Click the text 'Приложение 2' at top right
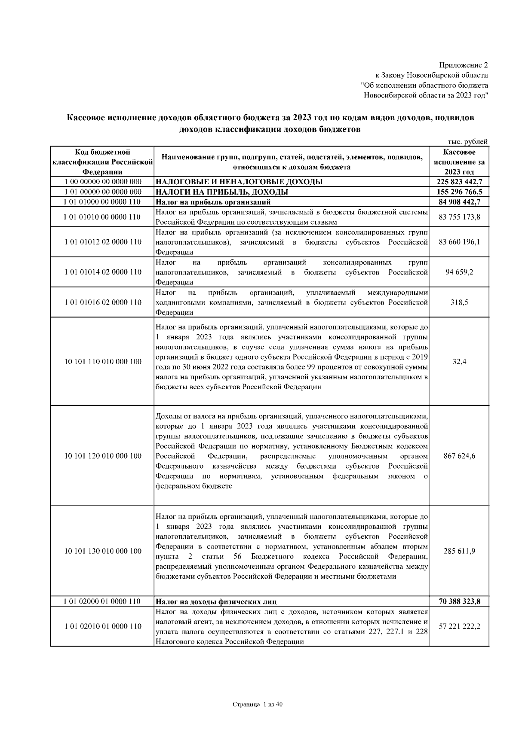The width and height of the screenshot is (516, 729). pyautogui.click(x=463, y=66)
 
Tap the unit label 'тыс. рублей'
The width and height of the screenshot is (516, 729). pyautogui.click(x=468, y=142)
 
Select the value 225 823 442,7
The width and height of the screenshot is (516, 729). pyautogui.click(x=459, y=182)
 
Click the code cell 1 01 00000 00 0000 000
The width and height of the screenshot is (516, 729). pyautogui.click(x=103, y=192)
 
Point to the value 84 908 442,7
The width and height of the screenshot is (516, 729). pyautogui.click(x=459, y=202)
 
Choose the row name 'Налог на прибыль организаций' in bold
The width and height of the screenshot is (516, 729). pyautogui.click(x=213, y=202)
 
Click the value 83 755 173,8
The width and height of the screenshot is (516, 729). pyautogui.click(x=459, y=217)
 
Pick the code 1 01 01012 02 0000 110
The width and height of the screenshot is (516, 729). pyautogui.click(x=103, y=242)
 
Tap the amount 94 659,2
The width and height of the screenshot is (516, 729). pyautogui.click(x=459, y=272)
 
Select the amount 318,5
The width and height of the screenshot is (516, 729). pyautogui.click(x=459, y=302)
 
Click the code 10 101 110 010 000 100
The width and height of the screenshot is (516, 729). pyautogui.click(x=103, y=362)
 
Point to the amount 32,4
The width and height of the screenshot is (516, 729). pyautogui.click(x=459, y=362)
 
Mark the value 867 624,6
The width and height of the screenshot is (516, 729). pyautogui.click(x=459, y=456)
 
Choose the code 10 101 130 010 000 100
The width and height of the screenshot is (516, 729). pyautogui.click(x=103, y=551)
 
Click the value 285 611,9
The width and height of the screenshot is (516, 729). pyautogui.click(x=459, y=551)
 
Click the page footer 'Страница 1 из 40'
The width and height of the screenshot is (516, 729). pyautogui.click(x=258, y=705)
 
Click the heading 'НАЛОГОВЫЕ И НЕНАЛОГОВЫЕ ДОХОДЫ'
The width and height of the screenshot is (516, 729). pyautogui.click(x=239, y=182)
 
